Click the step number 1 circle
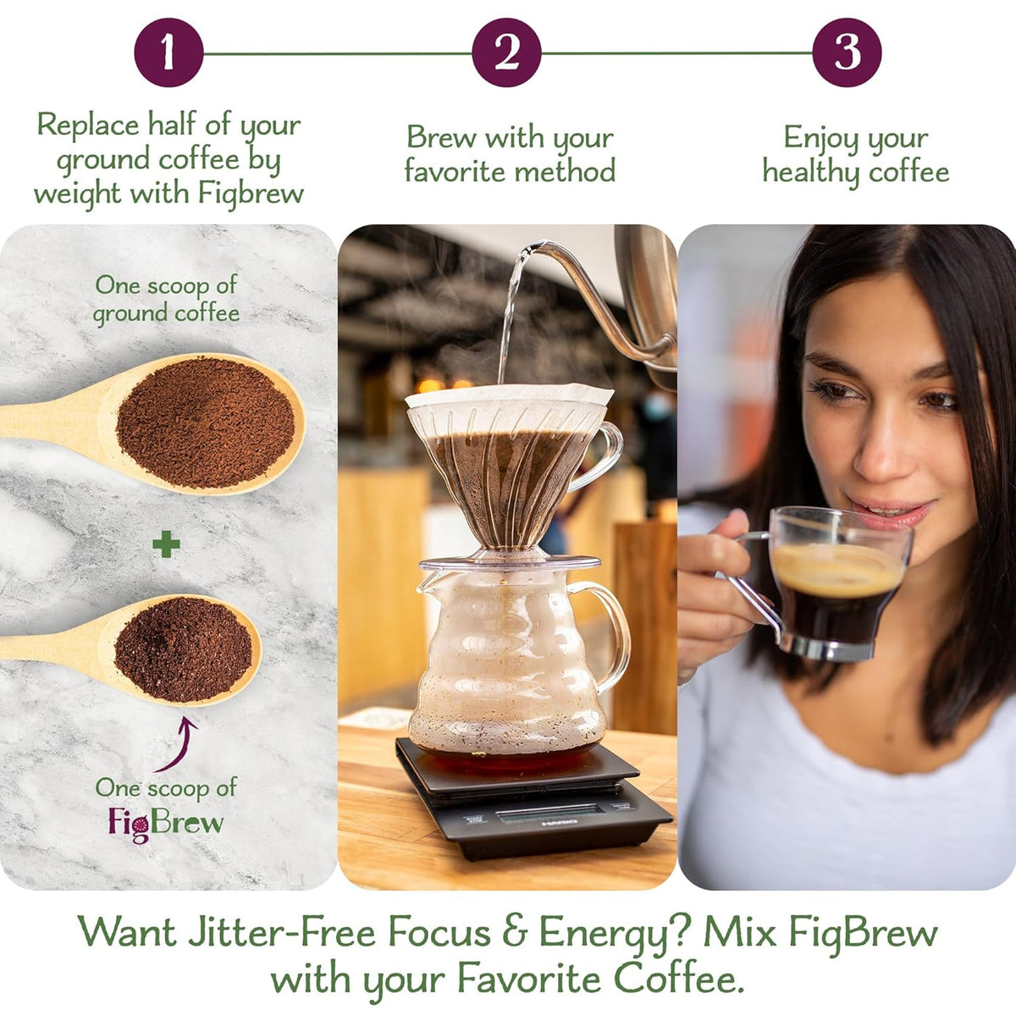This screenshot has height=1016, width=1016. coord(168,52)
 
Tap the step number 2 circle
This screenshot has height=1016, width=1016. coord(506,52)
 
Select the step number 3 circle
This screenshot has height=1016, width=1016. coord(847,52)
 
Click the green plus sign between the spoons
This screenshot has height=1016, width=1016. coord(166,544)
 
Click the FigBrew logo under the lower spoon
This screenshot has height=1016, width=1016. coord(166,823)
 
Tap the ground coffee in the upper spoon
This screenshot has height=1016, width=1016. coord(206,422)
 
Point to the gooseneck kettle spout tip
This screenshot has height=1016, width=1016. coord(531,247)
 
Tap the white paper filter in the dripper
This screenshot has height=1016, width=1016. coord(509,396)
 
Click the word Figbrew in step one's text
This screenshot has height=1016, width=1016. coord(251,193)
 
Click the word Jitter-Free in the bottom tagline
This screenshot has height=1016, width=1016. coord(276,933)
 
